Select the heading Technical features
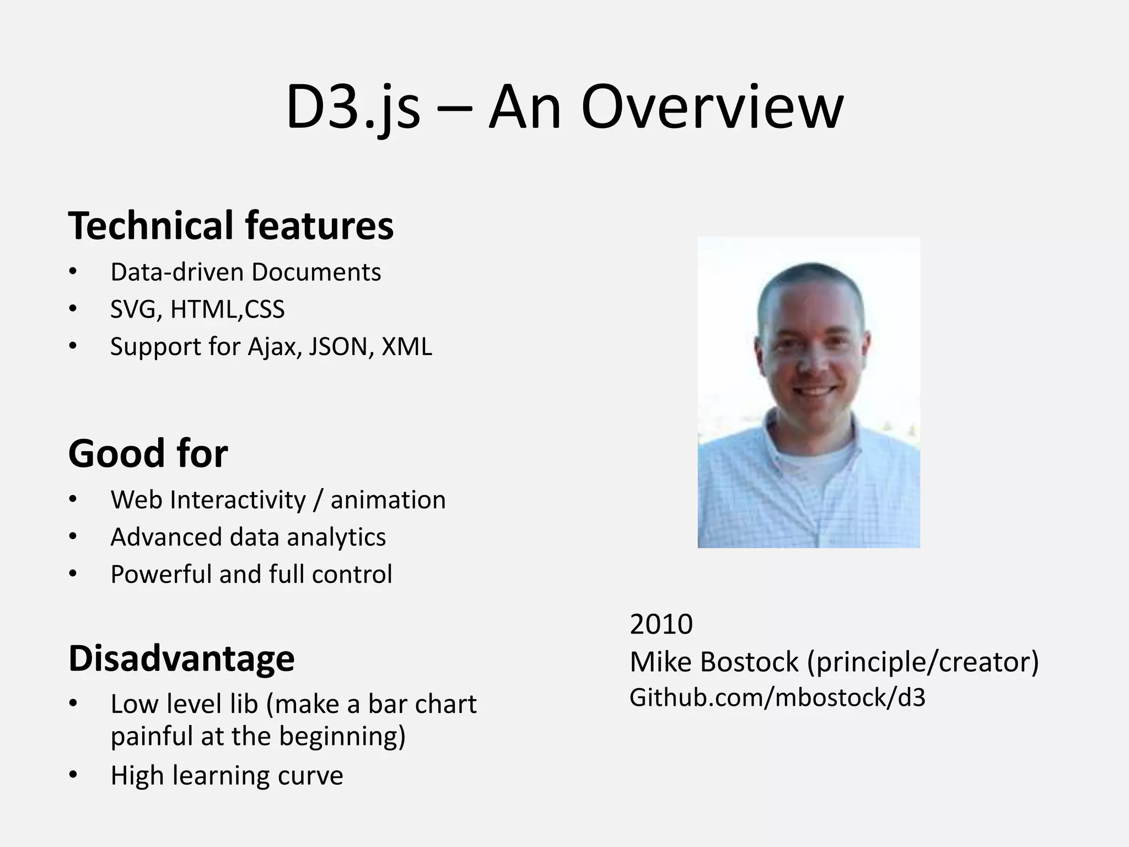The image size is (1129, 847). [x=231, y=226]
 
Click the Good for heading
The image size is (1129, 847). [x=148, y=453]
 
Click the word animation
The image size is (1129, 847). [x=388, y=500]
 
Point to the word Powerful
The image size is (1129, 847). [x=162, y=574]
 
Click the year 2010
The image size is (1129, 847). [x=661, y=624]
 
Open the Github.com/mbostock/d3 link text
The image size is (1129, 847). [x=777, y=698]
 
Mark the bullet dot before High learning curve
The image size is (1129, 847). [x=73, y=775]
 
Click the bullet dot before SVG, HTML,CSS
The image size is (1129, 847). [x=73, y=309]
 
